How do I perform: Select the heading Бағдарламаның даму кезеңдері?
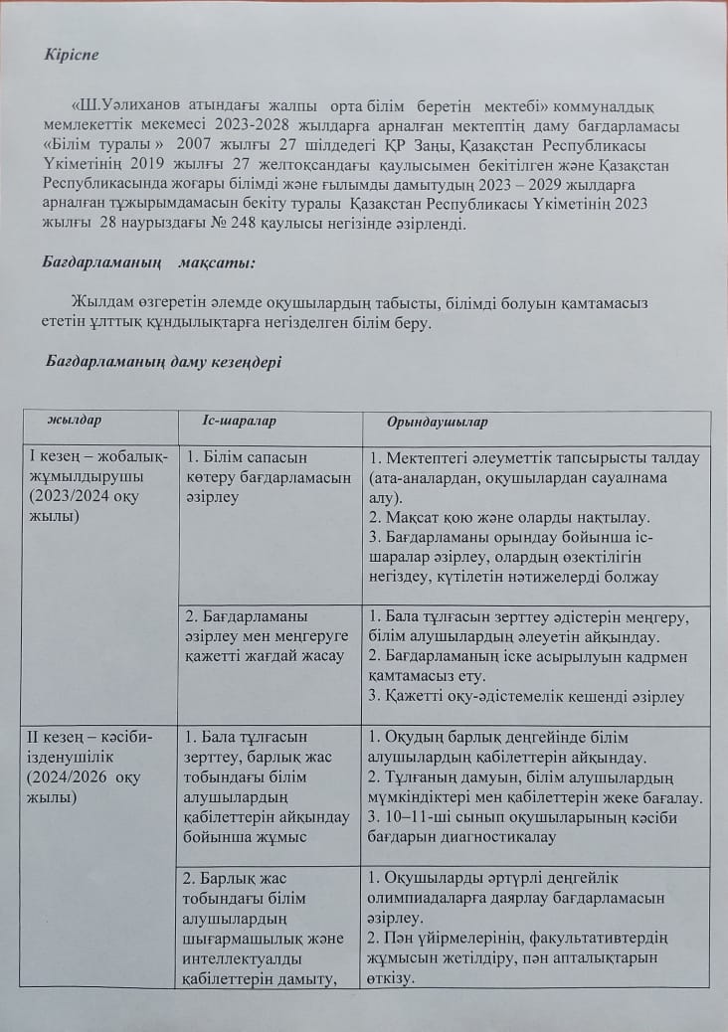[x=164, y=362]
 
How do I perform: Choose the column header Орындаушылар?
[x=438, y=423]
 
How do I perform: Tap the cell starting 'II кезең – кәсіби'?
[x=99, y=767]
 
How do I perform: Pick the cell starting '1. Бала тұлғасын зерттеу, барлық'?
[x=269, y=785]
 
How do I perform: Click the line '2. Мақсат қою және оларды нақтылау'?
[x=507, y=517]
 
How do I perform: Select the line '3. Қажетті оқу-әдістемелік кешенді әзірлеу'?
[x=526, y=697]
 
